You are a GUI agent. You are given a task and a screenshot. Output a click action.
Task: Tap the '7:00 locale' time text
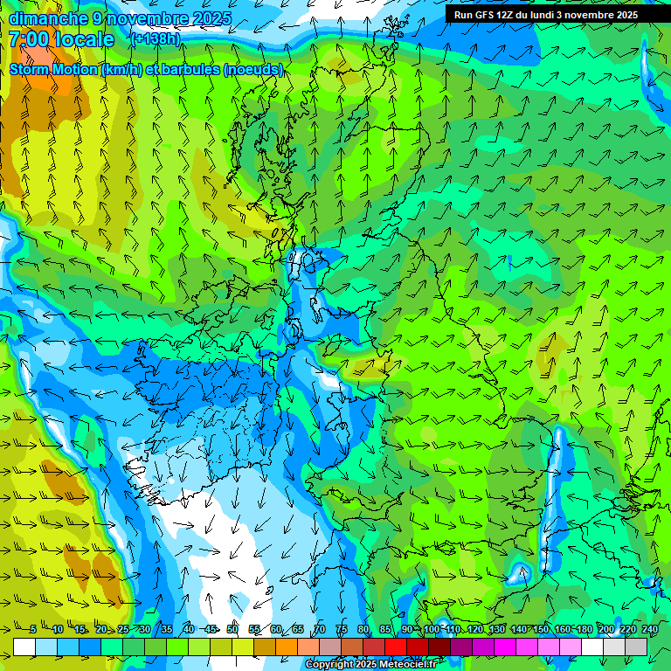point(61,39)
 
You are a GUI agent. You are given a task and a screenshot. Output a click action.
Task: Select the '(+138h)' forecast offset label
point(156,39)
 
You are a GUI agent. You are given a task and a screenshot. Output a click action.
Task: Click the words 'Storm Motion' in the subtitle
point(53,69)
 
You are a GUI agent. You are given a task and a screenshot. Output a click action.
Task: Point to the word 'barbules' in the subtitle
point(197,69)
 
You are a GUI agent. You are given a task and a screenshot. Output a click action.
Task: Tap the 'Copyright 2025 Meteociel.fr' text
point(370,664)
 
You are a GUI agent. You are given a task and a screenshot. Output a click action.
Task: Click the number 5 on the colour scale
point(33,630)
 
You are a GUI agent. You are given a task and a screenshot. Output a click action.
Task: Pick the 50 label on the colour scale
point(232,630)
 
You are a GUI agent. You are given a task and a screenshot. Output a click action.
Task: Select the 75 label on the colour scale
point(341,630)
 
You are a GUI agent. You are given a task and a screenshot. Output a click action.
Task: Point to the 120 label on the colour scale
point(475,630)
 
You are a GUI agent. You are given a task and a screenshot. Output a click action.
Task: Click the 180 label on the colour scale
point(584,630)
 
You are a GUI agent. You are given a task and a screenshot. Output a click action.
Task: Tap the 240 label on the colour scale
point(649,630)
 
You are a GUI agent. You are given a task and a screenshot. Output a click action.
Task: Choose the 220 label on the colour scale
point(627,630)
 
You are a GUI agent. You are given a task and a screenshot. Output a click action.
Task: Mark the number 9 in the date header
point(97,18)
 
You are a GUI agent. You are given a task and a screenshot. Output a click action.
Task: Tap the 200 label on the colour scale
point(605,630)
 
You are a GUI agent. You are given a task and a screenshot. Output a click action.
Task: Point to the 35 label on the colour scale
point(166,630)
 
